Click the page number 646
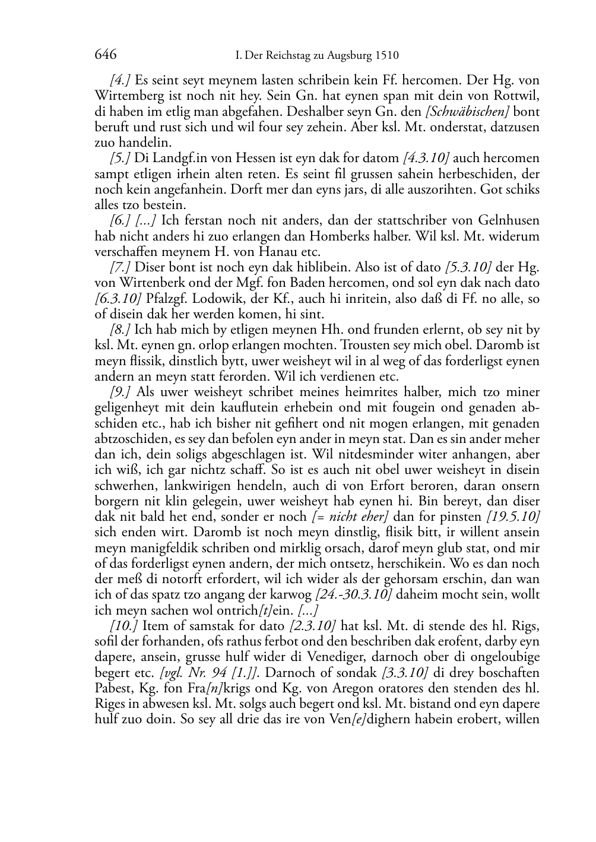[105, 55]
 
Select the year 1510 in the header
[387, 56]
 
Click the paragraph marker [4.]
[121, 80]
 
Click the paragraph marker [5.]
[121, 158]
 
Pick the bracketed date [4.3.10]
[426, 158]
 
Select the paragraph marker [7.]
[121, 267]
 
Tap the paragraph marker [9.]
[121, 392]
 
